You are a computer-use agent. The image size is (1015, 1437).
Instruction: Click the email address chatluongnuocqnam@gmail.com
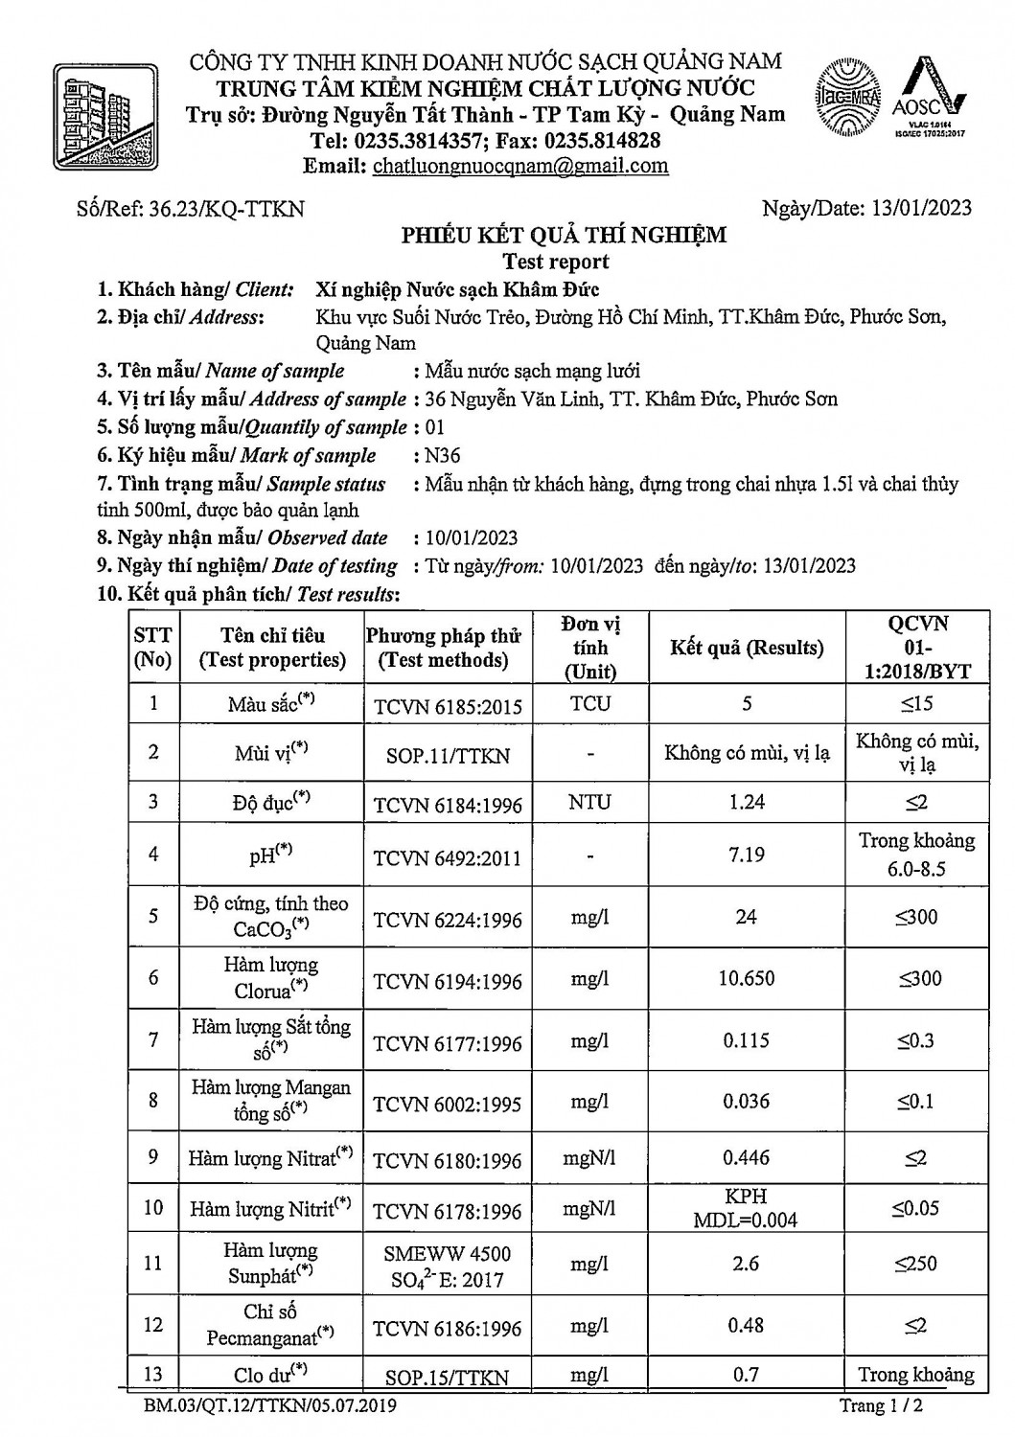[520, 166]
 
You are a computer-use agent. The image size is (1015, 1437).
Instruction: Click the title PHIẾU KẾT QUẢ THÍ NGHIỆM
[564, 236]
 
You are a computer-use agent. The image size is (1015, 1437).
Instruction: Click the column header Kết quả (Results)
[747, 648]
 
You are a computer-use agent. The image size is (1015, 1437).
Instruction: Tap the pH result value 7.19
[747, 855]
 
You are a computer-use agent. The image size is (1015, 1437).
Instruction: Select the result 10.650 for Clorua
[747, 978]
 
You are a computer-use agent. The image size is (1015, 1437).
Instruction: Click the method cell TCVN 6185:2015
[447, 707]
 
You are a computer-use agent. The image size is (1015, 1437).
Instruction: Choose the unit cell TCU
[589, 704]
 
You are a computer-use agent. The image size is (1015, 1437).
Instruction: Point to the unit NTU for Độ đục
[589, 802]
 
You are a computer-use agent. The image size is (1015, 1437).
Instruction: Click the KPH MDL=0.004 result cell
[747, 1208]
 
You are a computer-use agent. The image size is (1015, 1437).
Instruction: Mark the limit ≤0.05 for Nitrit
[915, 1208]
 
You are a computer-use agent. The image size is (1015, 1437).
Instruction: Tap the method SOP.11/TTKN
[447, 756]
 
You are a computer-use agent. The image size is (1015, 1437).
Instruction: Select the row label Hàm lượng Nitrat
[270, 1158]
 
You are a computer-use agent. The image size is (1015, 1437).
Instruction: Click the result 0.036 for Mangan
[747, 1101]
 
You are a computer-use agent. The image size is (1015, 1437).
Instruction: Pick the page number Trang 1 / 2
[882, 1406]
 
